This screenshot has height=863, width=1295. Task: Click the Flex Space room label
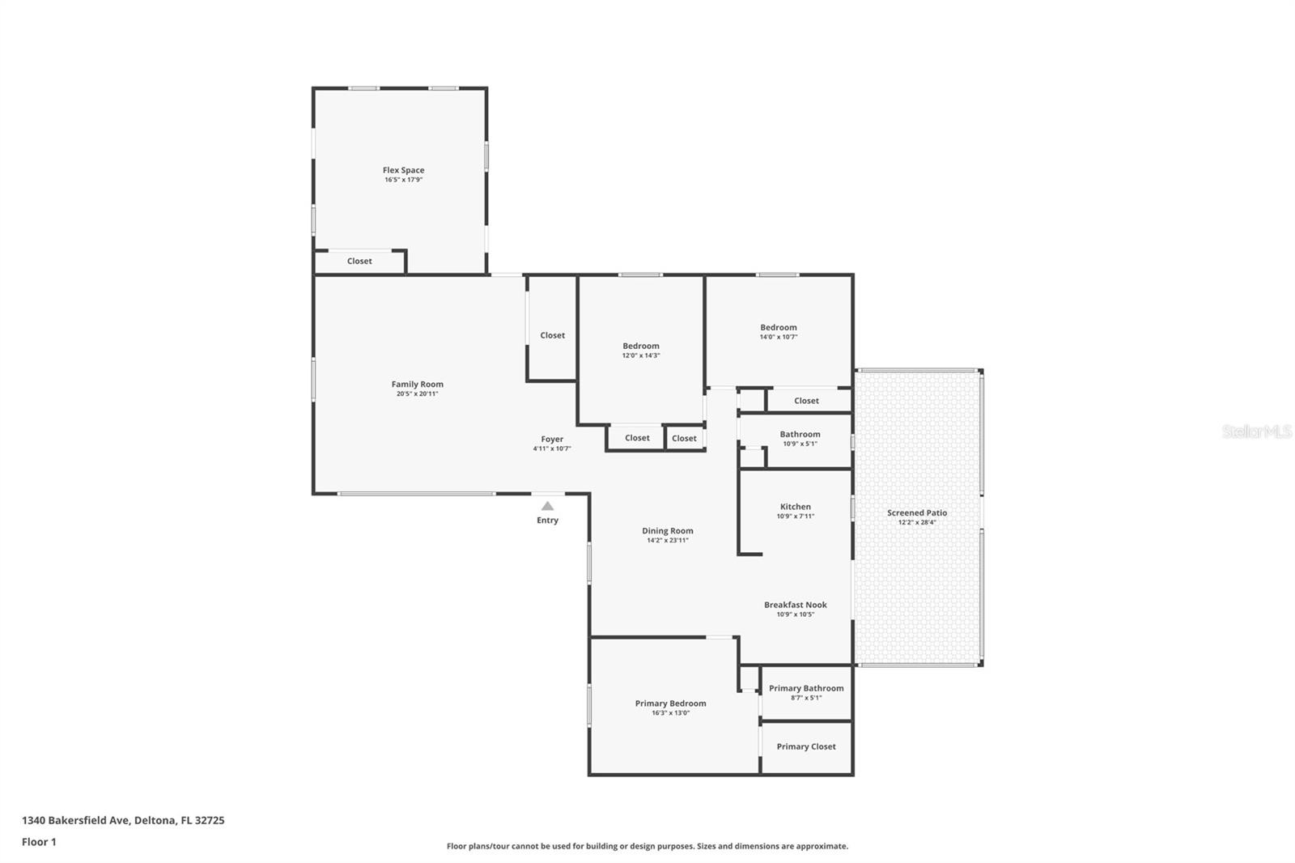click(404, 170)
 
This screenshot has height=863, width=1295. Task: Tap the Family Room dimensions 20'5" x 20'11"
click(418, 394)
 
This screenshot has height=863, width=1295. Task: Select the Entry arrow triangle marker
click(547, 506)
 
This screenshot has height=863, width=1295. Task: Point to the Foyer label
click(552, 439)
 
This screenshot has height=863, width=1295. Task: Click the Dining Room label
click(668, 530)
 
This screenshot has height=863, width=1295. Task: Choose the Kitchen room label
click(796, 507)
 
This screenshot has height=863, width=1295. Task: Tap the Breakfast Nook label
click(796, 605)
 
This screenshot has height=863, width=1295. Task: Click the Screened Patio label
click(918, 512)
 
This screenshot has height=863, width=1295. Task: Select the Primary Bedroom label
click(671, 704)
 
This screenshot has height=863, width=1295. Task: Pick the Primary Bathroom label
click(806, 688)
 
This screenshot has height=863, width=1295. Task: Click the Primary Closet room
click(806, 746)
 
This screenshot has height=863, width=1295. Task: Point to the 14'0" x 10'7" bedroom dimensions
click(779, 337)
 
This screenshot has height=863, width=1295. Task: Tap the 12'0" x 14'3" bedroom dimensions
click(641, 355)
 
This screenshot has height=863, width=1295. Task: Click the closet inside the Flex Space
click(359, 261)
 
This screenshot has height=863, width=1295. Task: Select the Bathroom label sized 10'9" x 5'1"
click(800, 435)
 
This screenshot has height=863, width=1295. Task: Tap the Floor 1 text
click(40, 842)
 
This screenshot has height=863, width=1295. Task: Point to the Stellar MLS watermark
click(1257, 431)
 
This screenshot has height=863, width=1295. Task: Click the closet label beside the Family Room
click(553, 335)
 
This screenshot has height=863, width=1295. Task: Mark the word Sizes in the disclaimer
click(707, 846)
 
